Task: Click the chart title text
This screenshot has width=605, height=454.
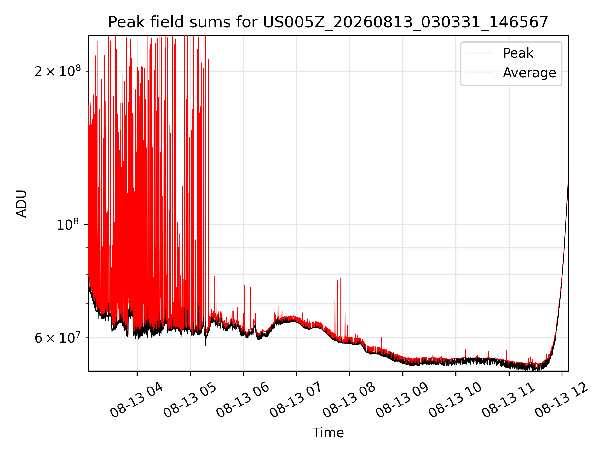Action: click(328, 22)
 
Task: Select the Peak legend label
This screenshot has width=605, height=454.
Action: click(518, 53)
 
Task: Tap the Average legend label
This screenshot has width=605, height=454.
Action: click(529, 73)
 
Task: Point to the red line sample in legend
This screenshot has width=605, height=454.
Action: click(479, 53)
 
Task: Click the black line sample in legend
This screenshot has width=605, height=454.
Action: click(479, 73)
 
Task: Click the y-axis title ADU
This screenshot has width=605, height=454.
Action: click(21, 203)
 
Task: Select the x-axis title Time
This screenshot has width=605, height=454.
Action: click(328, 433)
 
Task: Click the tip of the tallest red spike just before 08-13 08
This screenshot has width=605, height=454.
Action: click(341, 278)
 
